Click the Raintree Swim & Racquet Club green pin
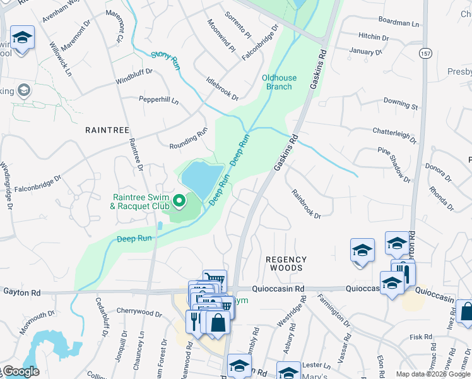[x=179, y=202]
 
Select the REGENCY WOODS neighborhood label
[x=286, y=263]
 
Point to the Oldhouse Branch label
[x=277, y=82]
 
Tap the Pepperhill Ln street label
[x=159, y=100]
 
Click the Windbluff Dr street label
[x=134, y=77]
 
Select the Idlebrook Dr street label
[x=222, y=88]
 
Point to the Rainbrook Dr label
[x=306, y=203]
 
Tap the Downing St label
[x=401, y=103]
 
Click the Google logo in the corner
[x=20, y=371]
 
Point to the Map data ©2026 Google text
[x=432, y=374]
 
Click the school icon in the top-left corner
[x=22, y=39]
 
